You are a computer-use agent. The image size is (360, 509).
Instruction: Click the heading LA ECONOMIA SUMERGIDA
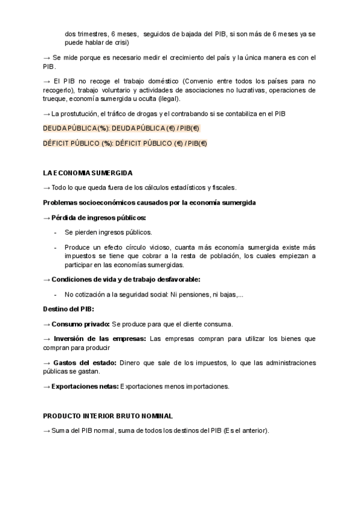tap(88, 173)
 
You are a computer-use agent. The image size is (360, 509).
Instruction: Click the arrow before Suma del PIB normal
tap(47, 430)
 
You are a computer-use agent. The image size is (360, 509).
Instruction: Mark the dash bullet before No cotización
tap(55, 294)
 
